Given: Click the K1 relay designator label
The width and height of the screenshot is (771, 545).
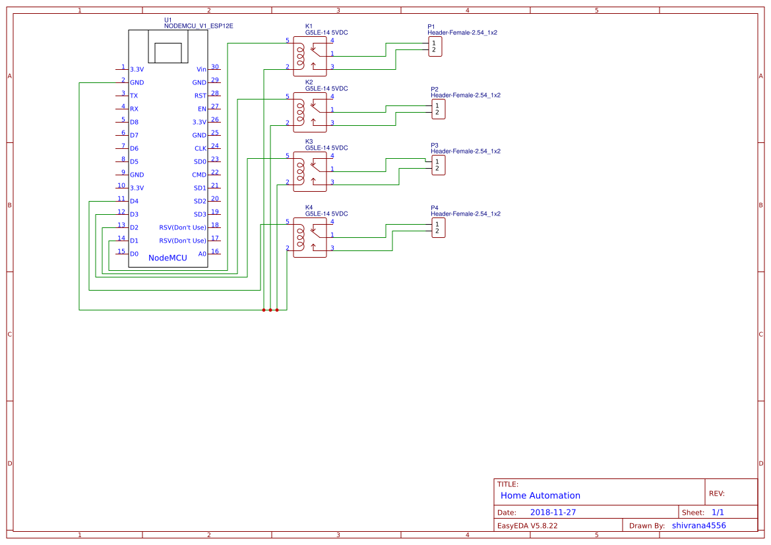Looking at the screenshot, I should point(309,26).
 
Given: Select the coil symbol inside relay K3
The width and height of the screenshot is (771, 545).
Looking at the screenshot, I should point(300,169).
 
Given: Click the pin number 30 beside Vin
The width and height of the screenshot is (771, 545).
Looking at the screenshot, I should point(215,67).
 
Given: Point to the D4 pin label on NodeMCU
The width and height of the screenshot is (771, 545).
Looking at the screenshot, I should point(134,201).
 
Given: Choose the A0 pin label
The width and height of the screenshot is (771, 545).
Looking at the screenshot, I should point(202,254).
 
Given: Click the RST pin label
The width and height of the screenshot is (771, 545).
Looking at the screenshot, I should point(200,96).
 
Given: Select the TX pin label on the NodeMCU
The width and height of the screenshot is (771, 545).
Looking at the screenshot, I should point(134,96).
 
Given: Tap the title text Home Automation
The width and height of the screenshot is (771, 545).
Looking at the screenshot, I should point(540,496).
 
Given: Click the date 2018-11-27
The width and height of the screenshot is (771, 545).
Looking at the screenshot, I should point(553,512).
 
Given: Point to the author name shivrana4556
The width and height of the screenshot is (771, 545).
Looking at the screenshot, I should point(698,525).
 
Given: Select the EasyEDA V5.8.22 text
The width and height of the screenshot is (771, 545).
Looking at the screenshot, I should point(527,526).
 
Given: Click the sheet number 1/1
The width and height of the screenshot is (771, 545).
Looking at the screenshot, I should point(718,512).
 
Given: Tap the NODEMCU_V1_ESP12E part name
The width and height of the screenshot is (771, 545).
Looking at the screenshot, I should point(199,26).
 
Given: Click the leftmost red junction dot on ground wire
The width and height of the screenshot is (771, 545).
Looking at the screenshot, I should point(264,309).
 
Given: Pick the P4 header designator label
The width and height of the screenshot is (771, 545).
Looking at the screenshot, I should point(435,208).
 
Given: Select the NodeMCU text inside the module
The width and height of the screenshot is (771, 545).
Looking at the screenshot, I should point(168,258).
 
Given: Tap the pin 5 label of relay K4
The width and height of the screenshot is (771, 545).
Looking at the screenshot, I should point(287,221).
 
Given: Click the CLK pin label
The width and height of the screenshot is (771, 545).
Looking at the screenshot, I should point(200,148).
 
